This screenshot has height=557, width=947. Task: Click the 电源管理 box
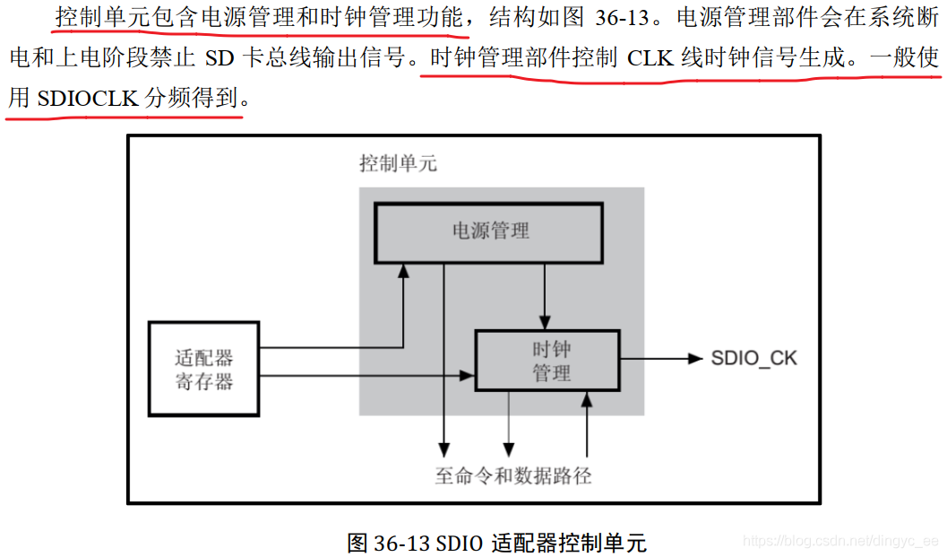(x=488, y=231)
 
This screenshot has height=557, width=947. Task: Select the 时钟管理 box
(x=547, y=361)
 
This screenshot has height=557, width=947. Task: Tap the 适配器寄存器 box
(x=203, y=369)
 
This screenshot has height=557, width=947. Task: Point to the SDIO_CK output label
(x=753, y=359)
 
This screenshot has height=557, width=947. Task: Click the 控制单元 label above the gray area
(x=398, y=164)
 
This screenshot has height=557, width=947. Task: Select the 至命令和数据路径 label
(x=513, y=476)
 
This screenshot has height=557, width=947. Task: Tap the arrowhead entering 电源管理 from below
(x=404, y=270)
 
